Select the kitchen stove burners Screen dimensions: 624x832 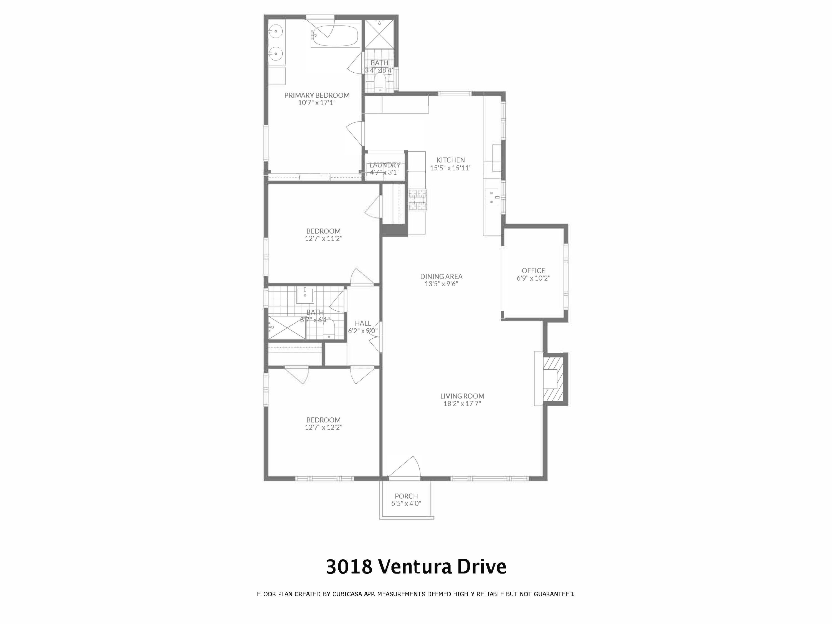[x=418, y=200]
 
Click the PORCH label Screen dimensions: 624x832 [x=406, y=496]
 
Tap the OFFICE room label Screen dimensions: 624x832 [x=533, y=270]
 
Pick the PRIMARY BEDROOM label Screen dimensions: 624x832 [x=317, y=95]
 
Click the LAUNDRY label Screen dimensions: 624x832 [x=384, y=165]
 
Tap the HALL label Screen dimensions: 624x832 [x=363, y=323]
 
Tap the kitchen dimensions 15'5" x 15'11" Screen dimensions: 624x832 [x=451, y=168]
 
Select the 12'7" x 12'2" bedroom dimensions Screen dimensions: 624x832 [x=323, y=427]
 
